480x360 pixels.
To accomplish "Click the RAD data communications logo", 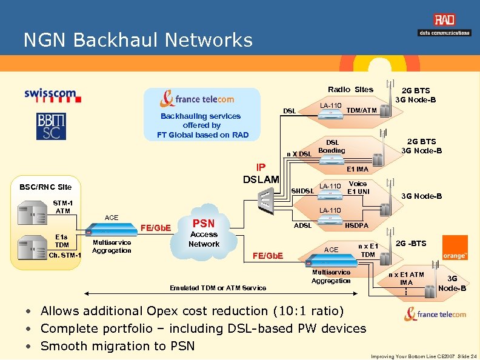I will [444, 25].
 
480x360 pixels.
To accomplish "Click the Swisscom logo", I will [50, 95].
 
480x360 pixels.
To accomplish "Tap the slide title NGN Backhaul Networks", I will [138, 40].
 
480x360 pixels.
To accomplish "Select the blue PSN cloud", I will [204, 232].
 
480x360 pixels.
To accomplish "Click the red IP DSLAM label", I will [261, 173].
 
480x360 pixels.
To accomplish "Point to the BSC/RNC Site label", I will [46, 187].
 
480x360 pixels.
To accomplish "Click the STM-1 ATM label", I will [63, 207].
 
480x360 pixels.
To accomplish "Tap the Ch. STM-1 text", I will [65, 255].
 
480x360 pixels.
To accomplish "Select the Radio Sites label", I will [350, 89].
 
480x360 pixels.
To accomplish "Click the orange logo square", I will [455, 248].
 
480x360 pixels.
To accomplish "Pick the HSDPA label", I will [358, 225].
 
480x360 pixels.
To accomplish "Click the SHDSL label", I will [302, 192].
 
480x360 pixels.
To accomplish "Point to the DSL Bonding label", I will [332, 146].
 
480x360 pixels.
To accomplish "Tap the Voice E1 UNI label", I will [358, 187].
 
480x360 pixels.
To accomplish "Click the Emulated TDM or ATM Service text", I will [218, 288].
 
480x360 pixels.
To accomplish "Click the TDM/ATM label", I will [362, 110].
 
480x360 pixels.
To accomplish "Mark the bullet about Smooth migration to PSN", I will [118, 346].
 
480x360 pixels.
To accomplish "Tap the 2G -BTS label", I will [410, 244].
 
